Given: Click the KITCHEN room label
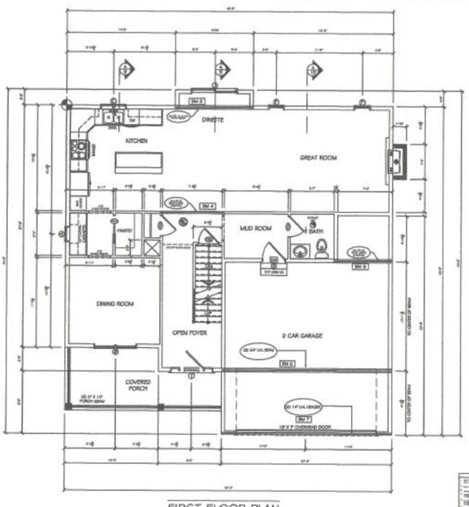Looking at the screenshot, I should click(137, 141).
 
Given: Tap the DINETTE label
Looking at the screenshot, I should click(212, 119).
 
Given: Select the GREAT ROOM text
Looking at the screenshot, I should click(319, 158).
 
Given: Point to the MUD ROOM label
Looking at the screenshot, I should click(255, 228).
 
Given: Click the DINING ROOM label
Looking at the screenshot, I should click(115, 304).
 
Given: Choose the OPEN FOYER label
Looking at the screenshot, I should click(190, 333).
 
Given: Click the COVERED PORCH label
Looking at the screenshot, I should click(138, 386).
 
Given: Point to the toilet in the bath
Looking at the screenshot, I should click(322, 249).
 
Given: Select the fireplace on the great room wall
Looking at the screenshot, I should click(397, 160).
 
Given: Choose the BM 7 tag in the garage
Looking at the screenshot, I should click(303, 419).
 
